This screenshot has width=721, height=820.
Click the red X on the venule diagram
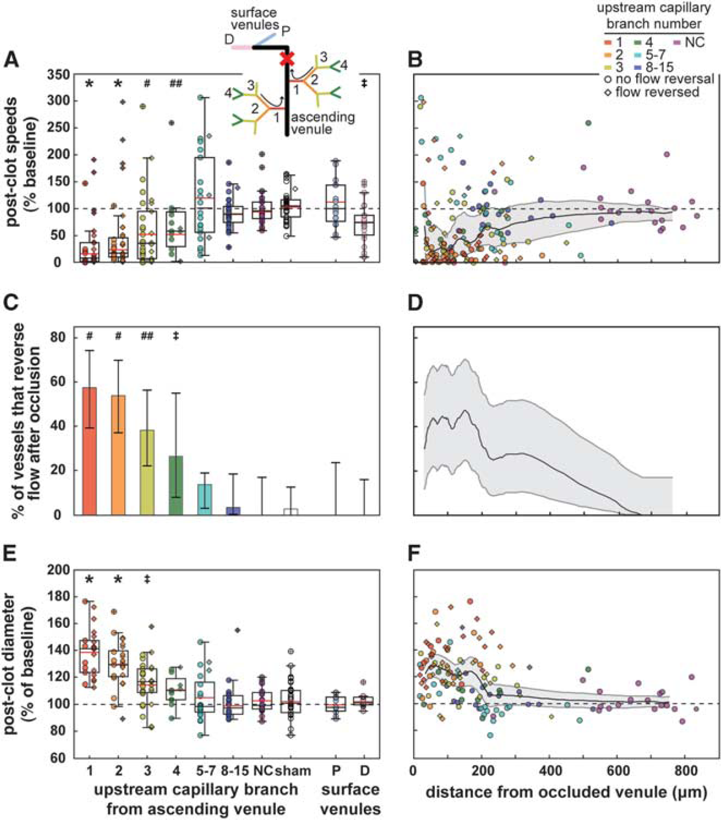(x=287, y=58)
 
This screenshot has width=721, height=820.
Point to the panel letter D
(x=415, y=303)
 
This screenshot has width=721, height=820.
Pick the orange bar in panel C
(x=118, y=455)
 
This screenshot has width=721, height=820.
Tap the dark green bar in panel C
(x=176, y=485)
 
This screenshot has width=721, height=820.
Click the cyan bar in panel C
(x=205, y=499)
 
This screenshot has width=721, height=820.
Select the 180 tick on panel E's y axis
(x=58, y=597)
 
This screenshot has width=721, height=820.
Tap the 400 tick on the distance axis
(x=550, y=771)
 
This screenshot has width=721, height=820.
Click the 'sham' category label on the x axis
(x=293, y=771)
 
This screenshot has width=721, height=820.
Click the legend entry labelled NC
(x=689, y=43)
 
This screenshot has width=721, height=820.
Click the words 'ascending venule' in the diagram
(x=323, y=123)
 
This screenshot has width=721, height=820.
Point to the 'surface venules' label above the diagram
(x=255, y=19)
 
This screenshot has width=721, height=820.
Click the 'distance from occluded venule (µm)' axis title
(x=566, y=792)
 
